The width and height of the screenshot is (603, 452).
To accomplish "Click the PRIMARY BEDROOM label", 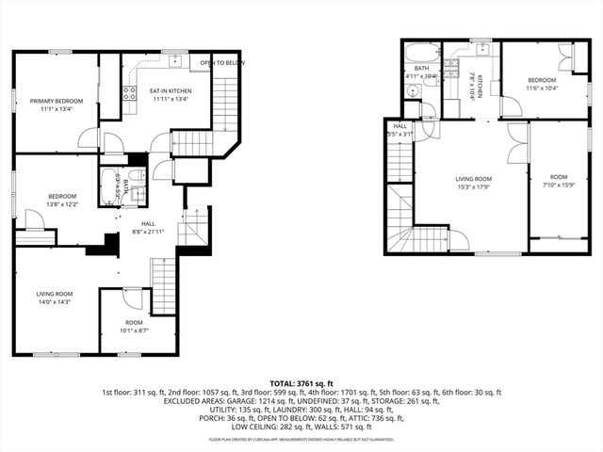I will [x=57, y=101].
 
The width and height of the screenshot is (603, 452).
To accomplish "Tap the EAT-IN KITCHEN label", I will [x=169, y=90].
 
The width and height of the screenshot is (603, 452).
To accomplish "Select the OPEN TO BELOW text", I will [x=222, y=63].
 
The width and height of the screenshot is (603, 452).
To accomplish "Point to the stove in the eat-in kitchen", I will [x=129, y=92].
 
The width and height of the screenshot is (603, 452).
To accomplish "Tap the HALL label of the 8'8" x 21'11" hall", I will [x=148, y=222].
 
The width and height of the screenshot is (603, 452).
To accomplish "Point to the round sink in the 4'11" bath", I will [x=413, y=91].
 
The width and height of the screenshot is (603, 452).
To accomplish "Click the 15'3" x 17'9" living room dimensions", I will [x=473, y=186].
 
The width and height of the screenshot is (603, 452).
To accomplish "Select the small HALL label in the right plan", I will [x=400, y=126].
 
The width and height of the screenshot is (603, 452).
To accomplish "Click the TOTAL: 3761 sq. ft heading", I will [x=301, y=384].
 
